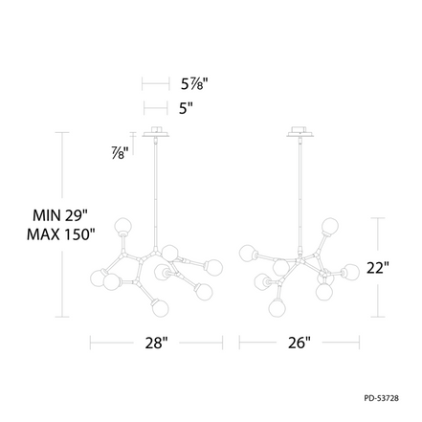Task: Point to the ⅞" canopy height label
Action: [120, 152]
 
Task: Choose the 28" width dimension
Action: [156, 343]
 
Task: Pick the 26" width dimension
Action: [300, 343]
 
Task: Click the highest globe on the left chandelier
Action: [122, 227]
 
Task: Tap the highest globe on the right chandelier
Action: [330, 226]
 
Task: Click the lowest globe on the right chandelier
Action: [277, 305]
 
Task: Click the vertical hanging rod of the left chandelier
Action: [156, 191]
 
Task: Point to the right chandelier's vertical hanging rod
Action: [300, 191]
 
